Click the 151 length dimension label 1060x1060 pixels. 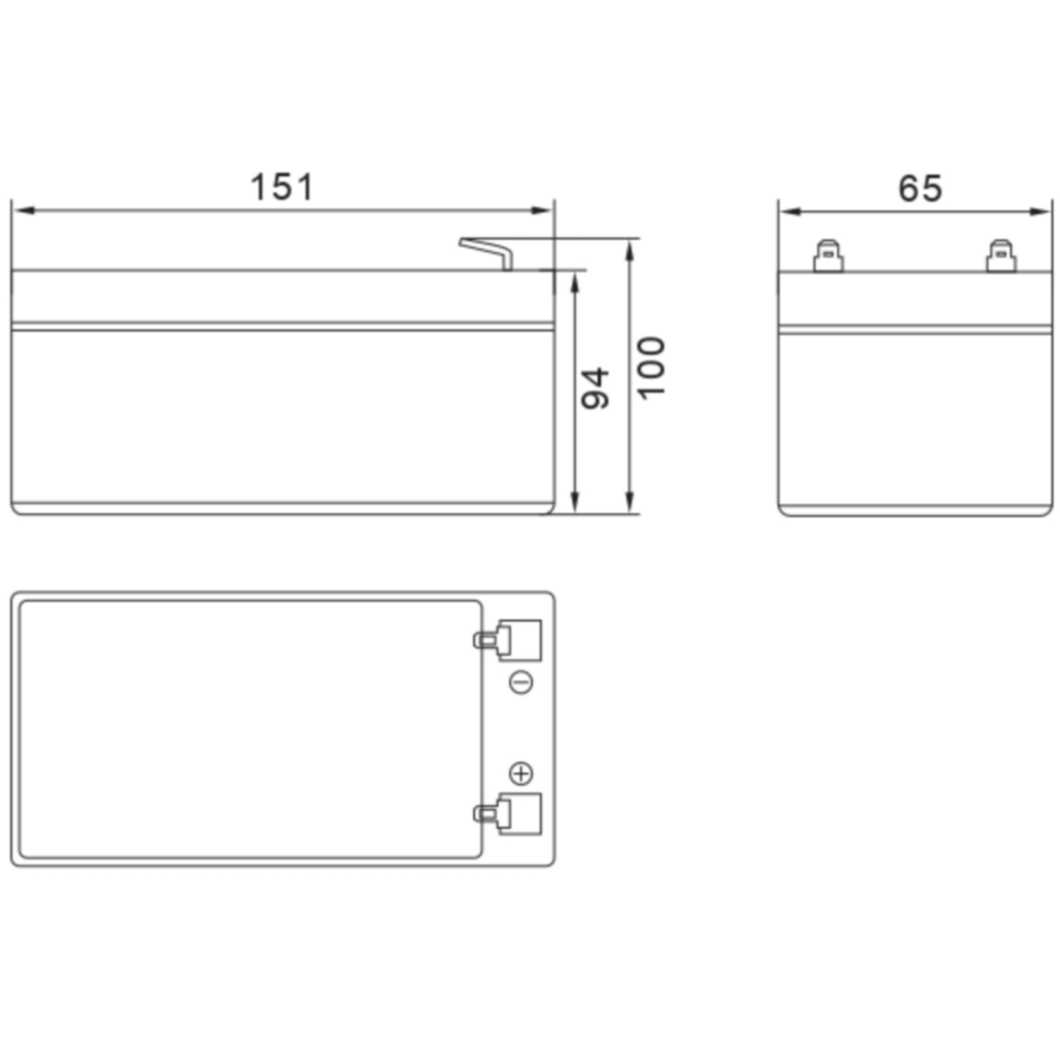282,186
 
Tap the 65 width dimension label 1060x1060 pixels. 920,188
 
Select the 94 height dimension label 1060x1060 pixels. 595,389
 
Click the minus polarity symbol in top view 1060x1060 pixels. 521,683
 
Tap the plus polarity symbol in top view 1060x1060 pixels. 521,774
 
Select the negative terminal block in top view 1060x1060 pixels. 508,640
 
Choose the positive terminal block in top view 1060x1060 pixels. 508,814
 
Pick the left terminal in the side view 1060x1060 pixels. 829,256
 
